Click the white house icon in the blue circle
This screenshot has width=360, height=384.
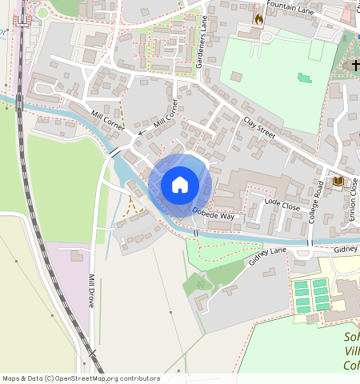coord(180,185)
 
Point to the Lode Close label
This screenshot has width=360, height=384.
coord(282,206)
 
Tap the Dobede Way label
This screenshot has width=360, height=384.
coord(213,214)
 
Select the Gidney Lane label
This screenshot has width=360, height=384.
coord(267,256)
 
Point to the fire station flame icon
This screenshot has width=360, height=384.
coord(258,18)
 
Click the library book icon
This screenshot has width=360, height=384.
coord(338,182)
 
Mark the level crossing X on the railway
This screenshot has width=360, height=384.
coord(93,352)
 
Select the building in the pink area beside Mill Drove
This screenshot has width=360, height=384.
coord(77,255)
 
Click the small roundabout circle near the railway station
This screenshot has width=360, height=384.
coord(42,12)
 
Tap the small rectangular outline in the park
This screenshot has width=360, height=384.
coord(317,50)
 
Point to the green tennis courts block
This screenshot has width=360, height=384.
coord(312,294)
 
